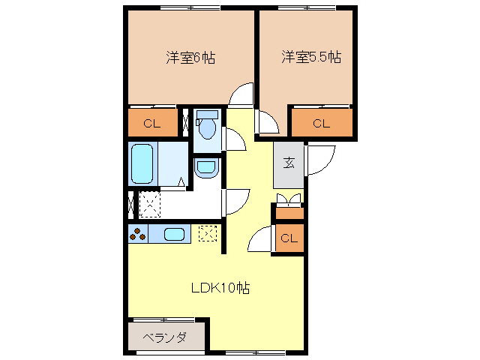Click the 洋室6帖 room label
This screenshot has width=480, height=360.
pyautogui.click(x=190, y=58)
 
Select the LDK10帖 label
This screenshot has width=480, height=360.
pyautogui.click(x=220, y=286)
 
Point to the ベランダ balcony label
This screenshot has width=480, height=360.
pyautogui.click(x=164, y=337)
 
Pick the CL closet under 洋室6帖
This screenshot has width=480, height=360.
pyautogui.click(x=152, y=123)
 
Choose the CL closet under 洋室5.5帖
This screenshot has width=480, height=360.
pyautogui.click(x=321, y=124)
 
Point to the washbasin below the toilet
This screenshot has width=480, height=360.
pyautogui.click(x=205, y=168)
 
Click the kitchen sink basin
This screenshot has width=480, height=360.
pyautogui.click(x=175, y=234)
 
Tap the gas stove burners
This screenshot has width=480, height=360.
pyautogui.click(x=138, y=234)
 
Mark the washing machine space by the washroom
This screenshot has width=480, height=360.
pyautogui.click(x=150, y=204)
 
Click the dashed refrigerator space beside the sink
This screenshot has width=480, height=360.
pyautogui.click(x=208, y=234)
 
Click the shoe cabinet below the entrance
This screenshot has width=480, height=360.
pyautogui.click(x=289, y=212)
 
